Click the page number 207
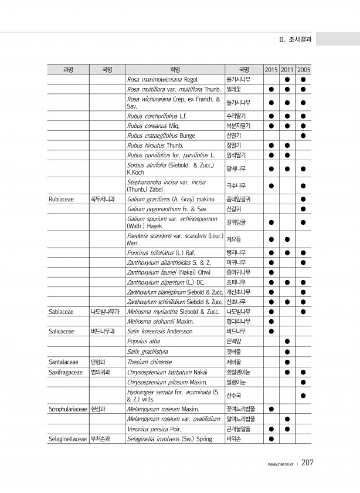click(308, 463)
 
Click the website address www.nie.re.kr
click(281, 464)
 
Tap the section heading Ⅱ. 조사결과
click(296, 39)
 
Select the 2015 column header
click(271, 69)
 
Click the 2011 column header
click(287, 69)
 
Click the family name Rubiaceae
click(61, 200)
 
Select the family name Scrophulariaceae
click(67, 408)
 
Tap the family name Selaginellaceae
click(66, 438)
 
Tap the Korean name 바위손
click(234, 438)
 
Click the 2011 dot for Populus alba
click(287, 342)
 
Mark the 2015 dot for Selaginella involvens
click(271, 438)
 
